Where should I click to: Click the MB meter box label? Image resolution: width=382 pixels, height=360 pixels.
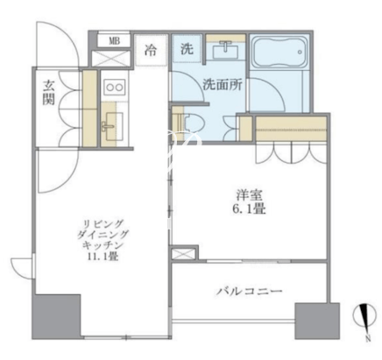114,41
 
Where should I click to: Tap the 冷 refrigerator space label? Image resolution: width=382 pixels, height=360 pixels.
151,50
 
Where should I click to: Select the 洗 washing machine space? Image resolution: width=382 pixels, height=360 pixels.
187,48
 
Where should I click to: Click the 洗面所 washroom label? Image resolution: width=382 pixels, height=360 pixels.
223,85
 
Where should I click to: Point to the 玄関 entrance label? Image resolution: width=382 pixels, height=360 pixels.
48,93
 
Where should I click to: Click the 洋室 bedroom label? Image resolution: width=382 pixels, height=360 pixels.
249,195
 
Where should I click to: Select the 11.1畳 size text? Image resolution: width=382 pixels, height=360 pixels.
103,257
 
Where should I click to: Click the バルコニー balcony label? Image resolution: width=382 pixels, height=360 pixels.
249,291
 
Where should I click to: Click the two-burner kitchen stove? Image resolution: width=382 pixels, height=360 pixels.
115,87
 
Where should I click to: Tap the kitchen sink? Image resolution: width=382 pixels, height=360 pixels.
110,126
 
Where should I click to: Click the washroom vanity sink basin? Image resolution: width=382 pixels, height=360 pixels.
225,50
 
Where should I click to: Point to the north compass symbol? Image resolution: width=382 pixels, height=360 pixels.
364,316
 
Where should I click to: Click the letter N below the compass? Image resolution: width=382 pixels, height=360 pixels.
368,338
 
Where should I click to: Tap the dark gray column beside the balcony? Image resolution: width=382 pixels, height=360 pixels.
317,321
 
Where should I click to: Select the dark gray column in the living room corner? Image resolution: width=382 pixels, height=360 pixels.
56,317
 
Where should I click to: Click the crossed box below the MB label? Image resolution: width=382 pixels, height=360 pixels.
110,58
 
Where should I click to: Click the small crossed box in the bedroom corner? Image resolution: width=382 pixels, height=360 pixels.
183,253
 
